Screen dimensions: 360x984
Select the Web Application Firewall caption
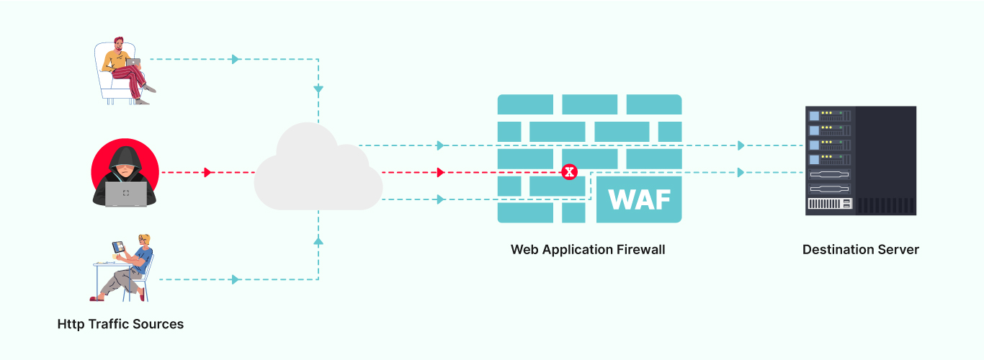tap(588, 250)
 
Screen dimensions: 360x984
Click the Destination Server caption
tap(861, 250)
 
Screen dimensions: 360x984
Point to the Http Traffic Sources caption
tap(120, 324)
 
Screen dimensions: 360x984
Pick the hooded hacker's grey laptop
tap(126, 194)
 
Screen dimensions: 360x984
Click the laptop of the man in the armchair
tap(133, 63)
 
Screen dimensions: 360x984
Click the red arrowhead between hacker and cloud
tap(208, 173)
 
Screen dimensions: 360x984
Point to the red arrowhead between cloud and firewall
tap(441, 173)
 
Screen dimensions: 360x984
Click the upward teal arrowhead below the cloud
tap(318, 242)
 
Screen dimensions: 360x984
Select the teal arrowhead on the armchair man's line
tap(235, 59)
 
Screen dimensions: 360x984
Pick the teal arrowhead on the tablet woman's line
tap(235, 279)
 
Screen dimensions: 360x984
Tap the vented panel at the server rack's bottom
tap(828, 204)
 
